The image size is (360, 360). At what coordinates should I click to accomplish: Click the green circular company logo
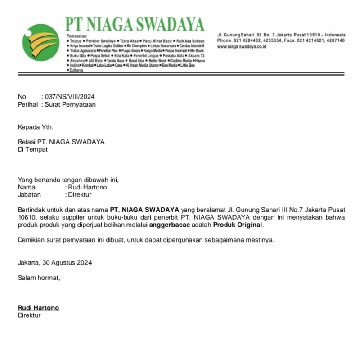(40, 43)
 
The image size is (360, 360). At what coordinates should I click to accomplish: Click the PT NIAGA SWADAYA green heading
(135, 24)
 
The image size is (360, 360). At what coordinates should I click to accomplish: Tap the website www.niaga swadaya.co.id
(242, 47)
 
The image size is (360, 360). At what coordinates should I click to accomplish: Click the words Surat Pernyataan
(70, 104)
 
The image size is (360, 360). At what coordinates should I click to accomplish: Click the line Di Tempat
(32, 149)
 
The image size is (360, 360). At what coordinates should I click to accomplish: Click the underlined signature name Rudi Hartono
(38, 308)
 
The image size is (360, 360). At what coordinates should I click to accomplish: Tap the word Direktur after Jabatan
(80, 195)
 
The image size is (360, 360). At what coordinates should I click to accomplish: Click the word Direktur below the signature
(29, 315)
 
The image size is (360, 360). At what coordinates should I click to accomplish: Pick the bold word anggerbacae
(176, 225)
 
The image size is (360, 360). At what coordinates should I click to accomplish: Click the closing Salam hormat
(39, 278)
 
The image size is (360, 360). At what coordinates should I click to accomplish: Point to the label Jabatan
(29, 195)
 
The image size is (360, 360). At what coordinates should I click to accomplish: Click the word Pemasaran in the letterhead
(76, 36)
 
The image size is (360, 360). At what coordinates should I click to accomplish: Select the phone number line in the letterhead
(281, 41)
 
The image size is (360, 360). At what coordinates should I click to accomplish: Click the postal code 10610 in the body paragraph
(26, 217)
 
